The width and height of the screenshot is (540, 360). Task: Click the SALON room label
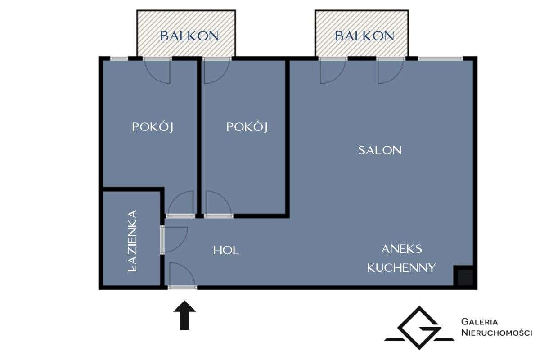[x=380, y=150]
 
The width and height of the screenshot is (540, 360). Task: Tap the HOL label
[x=226, y=250]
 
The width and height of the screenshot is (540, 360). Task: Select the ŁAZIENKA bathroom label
[x=132, y=241]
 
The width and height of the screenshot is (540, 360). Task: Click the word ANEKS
[x=401, y=249]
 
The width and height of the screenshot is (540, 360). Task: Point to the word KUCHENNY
[x=401, y=268]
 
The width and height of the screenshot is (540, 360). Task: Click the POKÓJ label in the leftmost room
[x=153, y=127]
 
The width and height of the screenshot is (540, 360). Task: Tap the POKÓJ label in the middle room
[x=247, y=127]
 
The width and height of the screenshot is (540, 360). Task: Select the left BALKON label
[x=189, y=36]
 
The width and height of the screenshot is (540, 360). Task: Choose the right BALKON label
[x=364, y=36]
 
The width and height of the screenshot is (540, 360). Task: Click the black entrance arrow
[x=184, y=315]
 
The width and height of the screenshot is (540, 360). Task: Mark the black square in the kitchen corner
[x=463, y=277]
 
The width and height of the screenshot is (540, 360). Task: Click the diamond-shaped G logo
[x=418, y=328]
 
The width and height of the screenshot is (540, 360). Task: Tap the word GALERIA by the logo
[x=480, y=322]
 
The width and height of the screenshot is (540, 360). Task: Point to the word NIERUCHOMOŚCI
[x=497, y=333]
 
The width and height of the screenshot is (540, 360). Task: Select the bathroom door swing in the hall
[x=175, y=239]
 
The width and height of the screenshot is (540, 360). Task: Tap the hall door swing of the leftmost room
[x=181, y=203]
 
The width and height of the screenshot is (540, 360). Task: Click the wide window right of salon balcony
[x=440, y=58]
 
